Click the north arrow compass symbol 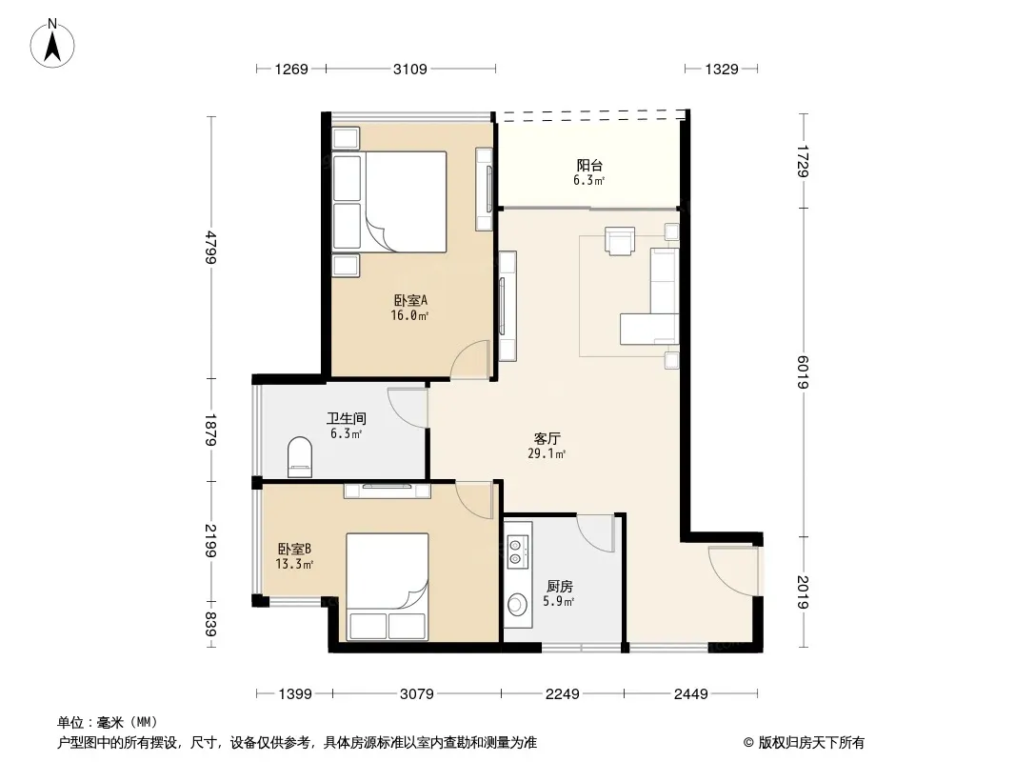coord(52,44)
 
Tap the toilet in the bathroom coord(299,456)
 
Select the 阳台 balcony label coord(589,166)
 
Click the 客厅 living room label coord(547,439)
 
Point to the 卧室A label coord(410,300)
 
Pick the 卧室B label coord(294,549)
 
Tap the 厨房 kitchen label coord(559,587)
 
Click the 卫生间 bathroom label coord(347,418)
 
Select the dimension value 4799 coord(209,247)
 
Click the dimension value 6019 coord(803,372)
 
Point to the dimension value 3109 coord(410,69)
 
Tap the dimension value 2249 coord(562,694)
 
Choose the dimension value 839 coord(209,624)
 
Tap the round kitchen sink coord(518,604)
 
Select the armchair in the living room coord(620,241)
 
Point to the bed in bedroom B coord(388,587)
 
